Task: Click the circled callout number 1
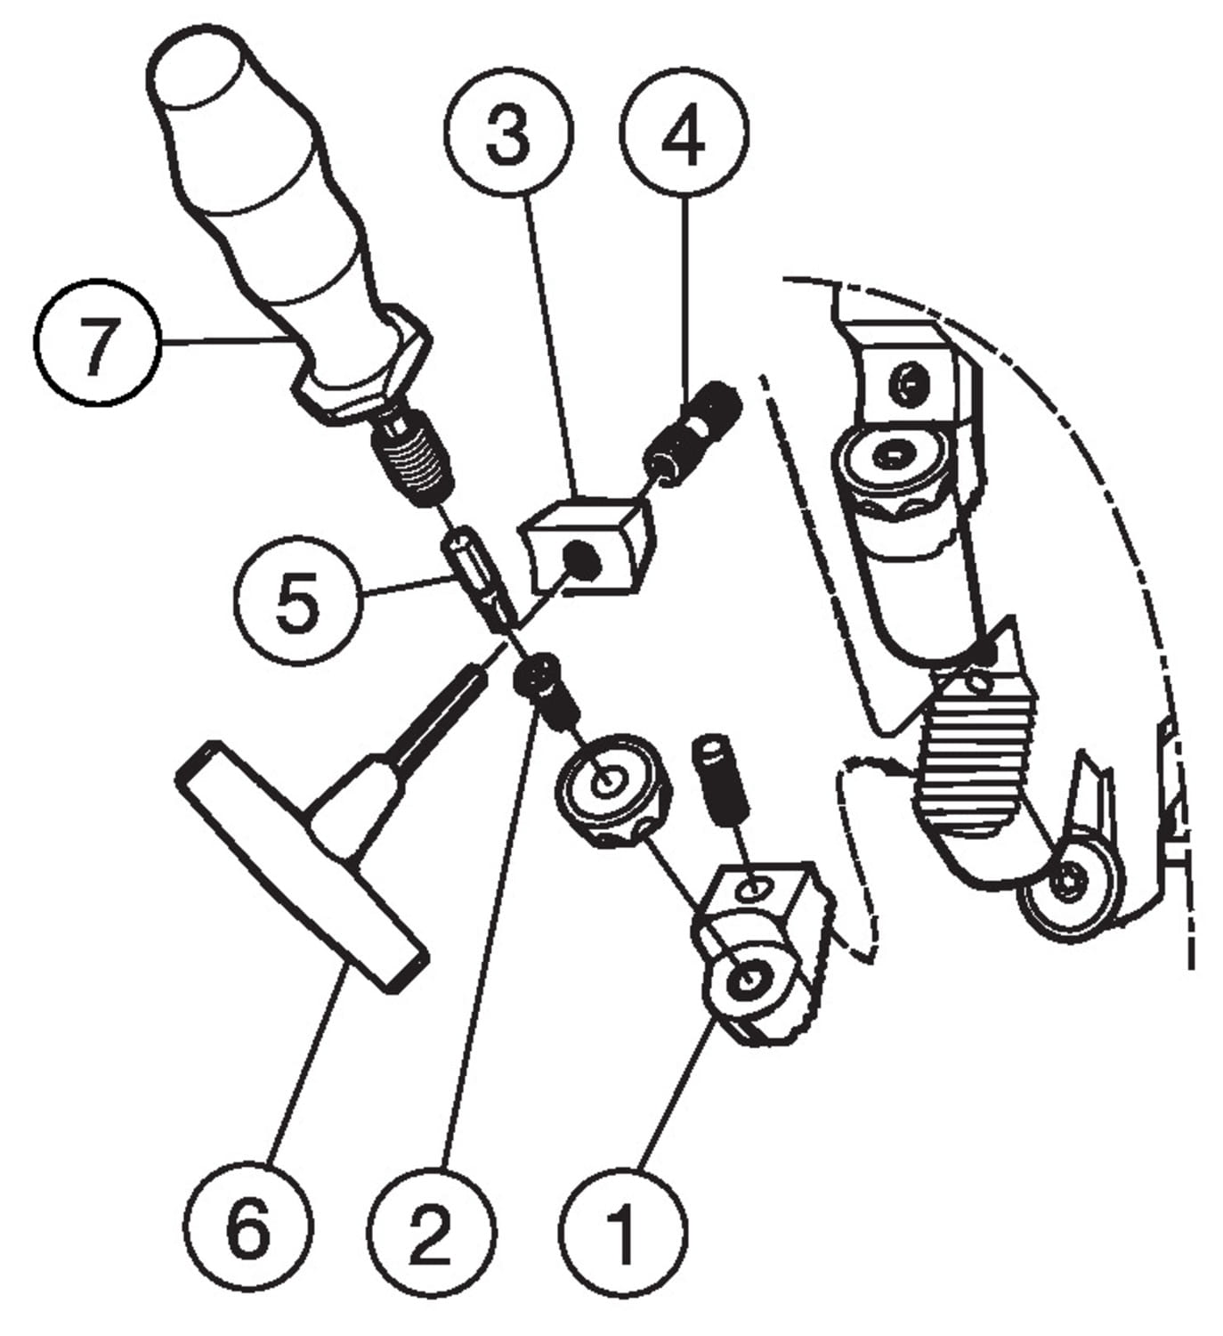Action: point(622,1231)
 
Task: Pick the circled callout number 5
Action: point(298,599)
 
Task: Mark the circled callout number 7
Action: point(96,342)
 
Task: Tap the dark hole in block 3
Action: point(582,559)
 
